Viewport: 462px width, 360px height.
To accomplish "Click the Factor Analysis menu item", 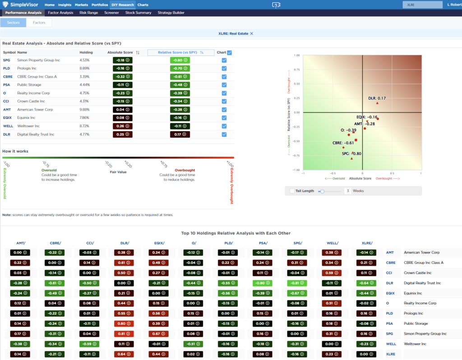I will (60, 13).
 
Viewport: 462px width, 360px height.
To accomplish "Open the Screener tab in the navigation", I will (111, 13).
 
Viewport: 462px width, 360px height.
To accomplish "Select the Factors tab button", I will (39, 22).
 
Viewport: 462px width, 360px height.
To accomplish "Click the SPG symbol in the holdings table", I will (7, 60).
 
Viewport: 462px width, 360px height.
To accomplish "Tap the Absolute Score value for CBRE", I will (122, 77).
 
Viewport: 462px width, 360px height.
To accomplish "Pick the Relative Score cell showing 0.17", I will (180, 134).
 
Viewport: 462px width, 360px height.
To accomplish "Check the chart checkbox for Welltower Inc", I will (224, 126).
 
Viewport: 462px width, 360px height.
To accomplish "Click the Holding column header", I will (86, 52).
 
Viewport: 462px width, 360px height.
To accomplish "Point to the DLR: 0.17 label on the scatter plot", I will (377, 98).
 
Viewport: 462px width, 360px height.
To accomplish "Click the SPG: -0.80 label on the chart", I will (352, 153).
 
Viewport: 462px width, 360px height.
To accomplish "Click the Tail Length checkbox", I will (292, 191).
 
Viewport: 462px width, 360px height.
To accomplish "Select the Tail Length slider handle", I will (322, 191).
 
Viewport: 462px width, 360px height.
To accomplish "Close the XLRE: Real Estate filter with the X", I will (252, 33).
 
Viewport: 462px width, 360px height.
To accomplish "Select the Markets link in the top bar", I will (81, 5).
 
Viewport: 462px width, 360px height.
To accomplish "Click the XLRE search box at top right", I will (422, 5).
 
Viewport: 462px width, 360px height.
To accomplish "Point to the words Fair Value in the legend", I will (118, 171).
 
